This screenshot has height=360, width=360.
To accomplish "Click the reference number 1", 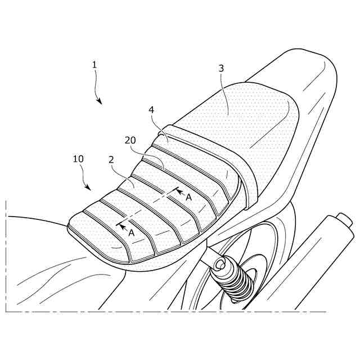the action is tap(94, 65).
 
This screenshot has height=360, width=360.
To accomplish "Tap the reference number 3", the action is tap(221, 68).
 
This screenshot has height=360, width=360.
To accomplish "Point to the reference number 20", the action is tap(130, 140).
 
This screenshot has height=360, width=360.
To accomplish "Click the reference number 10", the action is tap(78, 159).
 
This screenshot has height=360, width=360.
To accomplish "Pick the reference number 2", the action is tap(111, 160).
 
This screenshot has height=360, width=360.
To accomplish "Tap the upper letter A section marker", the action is tap(188, 197).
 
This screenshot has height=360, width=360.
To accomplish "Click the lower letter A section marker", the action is tap(131, 232).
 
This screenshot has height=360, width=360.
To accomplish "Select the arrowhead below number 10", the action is tap(87, 187).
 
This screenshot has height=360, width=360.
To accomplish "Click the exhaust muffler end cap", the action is tap(341, 218).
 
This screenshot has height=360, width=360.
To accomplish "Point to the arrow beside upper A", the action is tap(178, 192).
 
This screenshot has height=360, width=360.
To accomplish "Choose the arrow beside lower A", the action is tap(121, 226).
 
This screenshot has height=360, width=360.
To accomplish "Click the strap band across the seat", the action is tap(236, 163).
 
